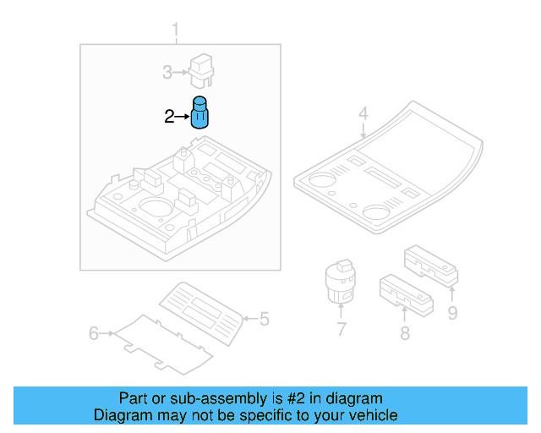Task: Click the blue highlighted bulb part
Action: (x=199, y=112)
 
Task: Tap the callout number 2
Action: (x=169, y=117)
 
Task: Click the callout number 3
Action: (x=167, y=73)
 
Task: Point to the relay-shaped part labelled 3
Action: (x=201, y=71)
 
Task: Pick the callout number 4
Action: (x=363, y=113)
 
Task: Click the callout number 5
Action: (x=265, y=319)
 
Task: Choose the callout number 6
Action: (x=94, y=333)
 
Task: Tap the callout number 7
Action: (x=342, y=329)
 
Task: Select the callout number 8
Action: (x=405, y=333)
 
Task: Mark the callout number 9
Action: (x=453, y=313)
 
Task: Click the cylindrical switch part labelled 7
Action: (x=340, y=282)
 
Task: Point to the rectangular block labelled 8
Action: (x=407, y=294)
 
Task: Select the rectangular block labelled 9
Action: (x=431, y=266)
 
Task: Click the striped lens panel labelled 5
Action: (x=201, y=314)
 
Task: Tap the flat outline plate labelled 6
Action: (x=163, y=344)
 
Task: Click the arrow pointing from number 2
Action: (x=183, y=117)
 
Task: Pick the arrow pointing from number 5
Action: (x=251, y=318)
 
